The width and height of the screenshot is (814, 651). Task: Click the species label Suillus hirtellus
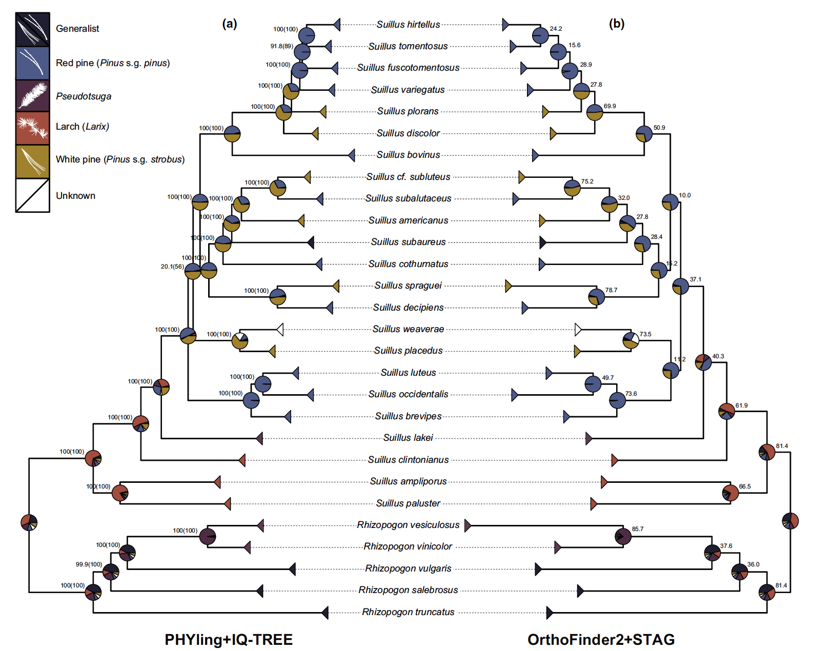pos(408,25)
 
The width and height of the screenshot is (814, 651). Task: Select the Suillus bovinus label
pos(408,155)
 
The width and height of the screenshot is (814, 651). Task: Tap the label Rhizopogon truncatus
pos(408,612)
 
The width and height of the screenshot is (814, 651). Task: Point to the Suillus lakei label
pos(408,438)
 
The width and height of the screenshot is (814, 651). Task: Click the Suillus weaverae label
pos(408,329)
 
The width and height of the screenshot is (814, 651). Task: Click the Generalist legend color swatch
pos(32,29)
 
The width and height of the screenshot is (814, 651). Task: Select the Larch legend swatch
pos(32,128)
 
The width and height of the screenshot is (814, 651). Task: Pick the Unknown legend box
pos(32,195)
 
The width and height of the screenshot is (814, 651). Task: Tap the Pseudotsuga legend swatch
pos(32,96)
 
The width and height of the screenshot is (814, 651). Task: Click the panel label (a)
pos(229,24)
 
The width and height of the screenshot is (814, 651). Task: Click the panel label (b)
pos(616,24)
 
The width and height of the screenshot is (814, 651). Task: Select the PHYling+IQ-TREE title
pos(229,640)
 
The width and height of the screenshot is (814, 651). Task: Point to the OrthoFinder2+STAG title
pos(601,640)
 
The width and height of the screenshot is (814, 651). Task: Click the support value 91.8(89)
pos(281,46)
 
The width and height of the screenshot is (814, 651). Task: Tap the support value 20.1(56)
pos(172,267)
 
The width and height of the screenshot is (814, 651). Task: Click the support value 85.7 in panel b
pos(638,529)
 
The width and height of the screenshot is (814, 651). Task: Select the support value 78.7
pos(611,290)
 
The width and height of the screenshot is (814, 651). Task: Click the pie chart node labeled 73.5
pos(630,340)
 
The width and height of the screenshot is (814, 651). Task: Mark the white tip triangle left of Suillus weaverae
pos(280,329)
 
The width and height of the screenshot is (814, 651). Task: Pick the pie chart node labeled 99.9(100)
pos(111,572)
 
